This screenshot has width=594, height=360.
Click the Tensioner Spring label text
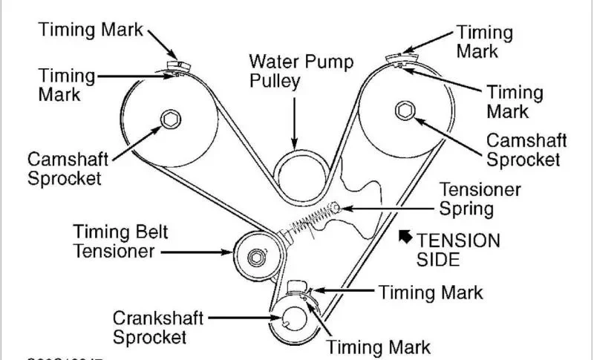pyautogui.click(x=480, y=198)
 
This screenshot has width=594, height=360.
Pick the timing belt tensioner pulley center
pyautogui.click(x=255, y=256)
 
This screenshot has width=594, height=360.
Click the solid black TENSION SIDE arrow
pyautogui.click(x=405, y=237)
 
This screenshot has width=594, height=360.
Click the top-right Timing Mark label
pyautogui.click(x=484, y=42)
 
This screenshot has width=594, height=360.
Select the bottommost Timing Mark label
pyautogui.click(x=379, y=346)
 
